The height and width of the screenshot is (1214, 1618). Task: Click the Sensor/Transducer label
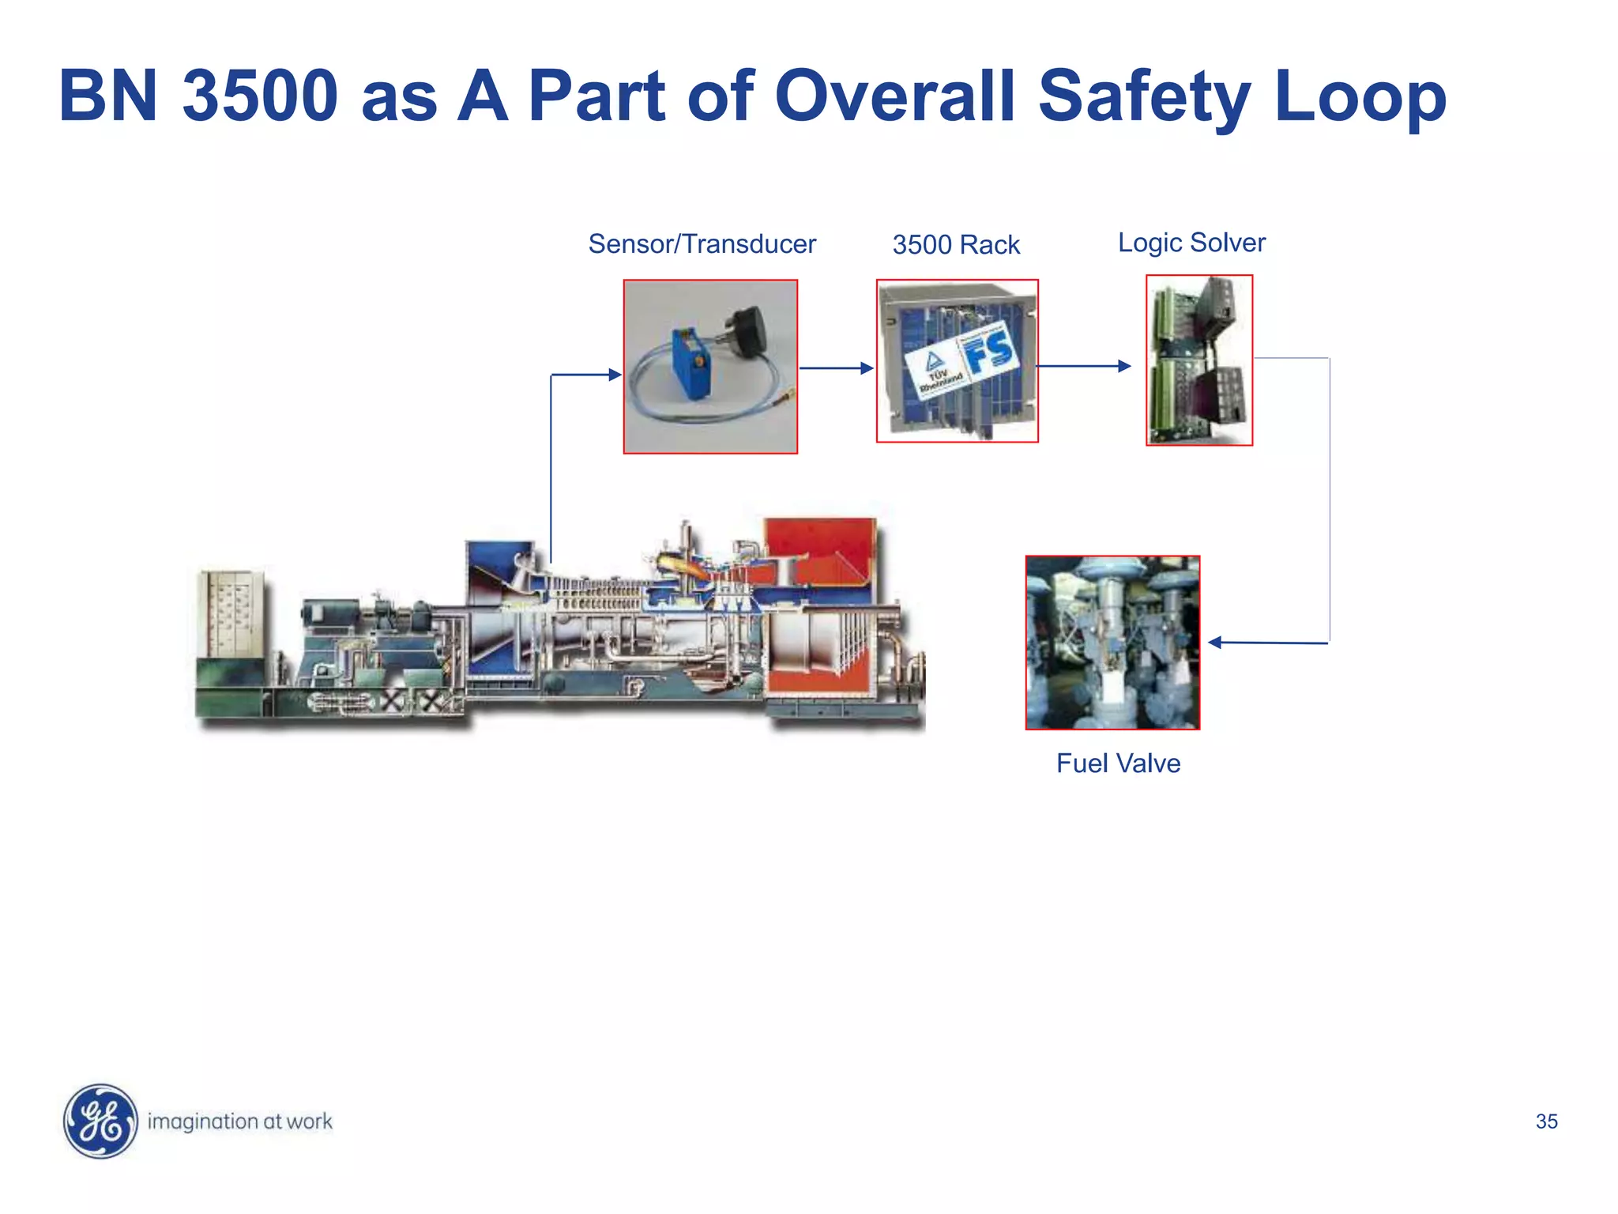point(702,244)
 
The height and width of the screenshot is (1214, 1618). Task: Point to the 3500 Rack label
point(956,245)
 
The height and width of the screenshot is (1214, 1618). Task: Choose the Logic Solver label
point(1191,243)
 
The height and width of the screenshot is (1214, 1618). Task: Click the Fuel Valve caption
point(1118,763)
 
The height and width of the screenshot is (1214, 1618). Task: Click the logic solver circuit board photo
point(1199,360)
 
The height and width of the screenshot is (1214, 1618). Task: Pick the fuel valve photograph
point(1112,643)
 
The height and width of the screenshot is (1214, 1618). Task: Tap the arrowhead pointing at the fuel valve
point(1216,643)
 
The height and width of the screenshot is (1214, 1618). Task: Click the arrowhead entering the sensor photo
point(615,375)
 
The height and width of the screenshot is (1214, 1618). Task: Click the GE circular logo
point(100,1121)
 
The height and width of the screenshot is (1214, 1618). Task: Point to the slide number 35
point(1546,1122)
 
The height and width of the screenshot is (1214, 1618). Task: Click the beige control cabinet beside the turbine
point(231,614)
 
